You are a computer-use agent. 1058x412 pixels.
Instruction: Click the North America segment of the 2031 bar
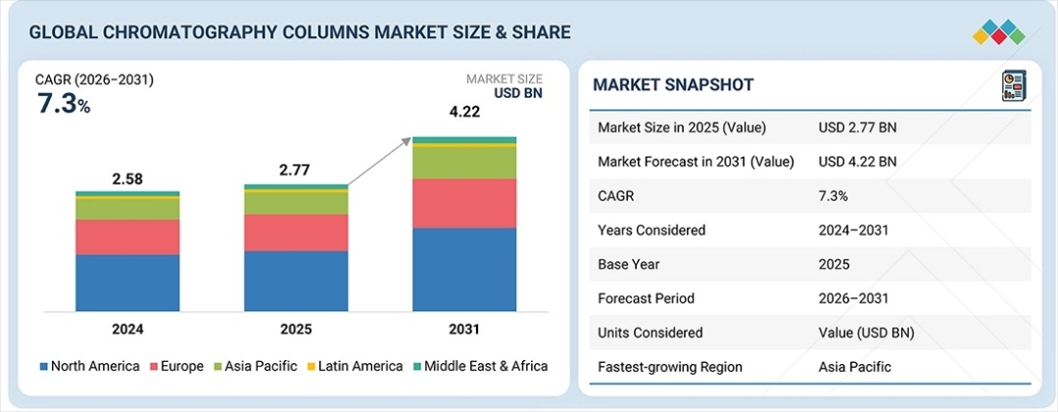(464, 269)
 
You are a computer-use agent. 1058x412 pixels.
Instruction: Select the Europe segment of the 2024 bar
(127, 237)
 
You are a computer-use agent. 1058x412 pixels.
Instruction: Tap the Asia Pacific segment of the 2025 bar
(296, 203)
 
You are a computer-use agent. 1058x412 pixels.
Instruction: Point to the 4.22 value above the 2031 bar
(465, 113)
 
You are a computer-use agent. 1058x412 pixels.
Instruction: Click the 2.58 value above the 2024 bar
(127, 179)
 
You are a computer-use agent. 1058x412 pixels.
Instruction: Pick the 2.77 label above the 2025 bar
(296, 170)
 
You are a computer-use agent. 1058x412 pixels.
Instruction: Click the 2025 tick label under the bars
(296, 329)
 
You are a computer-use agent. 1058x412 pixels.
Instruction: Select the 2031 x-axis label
(464, 329)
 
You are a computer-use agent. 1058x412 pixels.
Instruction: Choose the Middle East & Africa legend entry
(480, 366)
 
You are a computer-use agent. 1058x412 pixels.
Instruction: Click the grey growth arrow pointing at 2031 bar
(379, 160)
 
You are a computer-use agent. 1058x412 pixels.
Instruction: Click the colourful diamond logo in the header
(998, 31)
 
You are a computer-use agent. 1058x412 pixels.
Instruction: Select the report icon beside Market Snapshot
(1013, 85)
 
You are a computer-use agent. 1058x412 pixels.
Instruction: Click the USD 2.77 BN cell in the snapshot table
(858, 127)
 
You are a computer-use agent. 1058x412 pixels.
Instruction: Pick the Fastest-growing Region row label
(670, 367)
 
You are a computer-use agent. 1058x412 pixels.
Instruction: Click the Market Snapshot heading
(673, 85)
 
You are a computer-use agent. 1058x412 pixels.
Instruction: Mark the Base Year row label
(629, 264)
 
